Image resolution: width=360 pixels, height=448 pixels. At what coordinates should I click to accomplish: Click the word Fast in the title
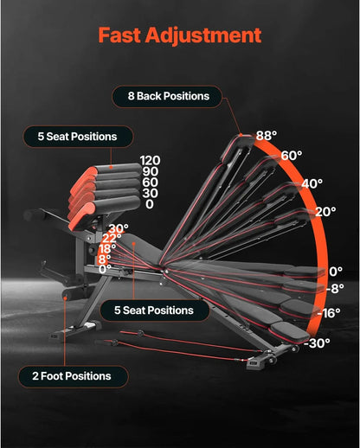pos(119,35)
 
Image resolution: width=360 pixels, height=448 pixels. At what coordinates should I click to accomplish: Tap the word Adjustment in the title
pos(203,35)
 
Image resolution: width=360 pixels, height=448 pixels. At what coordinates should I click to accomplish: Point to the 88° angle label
pos(267,135)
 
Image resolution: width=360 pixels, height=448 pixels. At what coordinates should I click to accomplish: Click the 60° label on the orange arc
pos(292,156)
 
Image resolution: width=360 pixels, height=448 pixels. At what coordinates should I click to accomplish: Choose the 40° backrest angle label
pos(312,183)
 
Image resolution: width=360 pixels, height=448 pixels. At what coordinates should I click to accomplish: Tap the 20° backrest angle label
pos(325,212)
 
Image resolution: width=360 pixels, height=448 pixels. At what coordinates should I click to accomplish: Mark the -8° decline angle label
pos(335,289)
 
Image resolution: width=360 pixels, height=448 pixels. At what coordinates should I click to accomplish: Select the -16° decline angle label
pos(329,313)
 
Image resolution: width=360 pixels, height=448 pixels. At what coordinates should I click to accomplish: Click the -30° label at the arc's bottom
pos(317,343)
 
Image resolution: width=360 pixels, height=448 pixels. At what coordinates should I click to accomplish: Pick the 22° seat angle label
pos(112,239)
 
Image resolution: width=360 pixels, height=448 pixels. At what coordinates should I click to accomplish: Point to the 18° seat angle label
pos(107,249)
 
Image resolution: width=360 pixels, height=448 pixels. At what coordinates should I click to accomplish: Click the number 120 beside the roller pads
pos(150,161)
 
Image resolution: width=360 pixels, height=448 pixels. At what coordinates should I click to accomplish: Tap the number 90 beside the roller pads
pos(150,171)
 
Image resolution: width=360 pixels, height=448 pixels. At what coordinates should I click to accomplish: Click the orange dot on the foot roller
pos(66,298)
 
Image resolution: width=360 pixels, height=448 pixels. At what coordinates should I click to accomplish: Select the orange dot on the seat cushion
pos(134,244)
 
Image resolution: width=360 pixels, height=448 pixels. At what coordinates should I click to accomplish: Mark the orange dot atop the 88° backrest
pos(241,135)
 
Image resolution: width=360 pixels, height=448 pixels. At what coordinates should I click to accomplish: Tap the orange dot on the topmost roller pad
pos(111,167)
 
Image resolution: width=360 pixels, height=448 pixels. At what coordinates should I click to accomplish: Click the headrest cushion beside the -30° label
pos(290,331)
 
